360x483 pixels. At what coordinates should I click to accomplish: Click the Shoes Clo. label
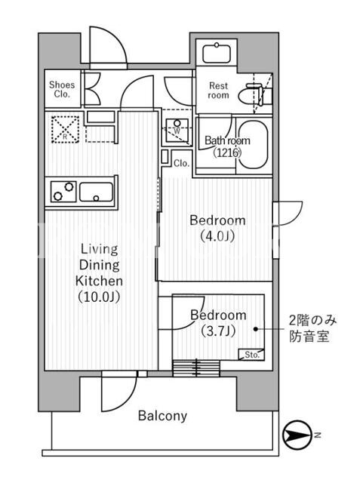[62, 89]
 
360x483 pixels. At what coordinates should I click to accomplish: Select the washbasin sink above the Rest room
[217, 54]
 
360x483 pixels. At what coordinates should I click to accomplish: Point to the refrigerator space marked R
[65, 129]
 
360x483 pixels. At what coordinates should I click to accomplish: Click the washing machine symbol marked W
[177, 130]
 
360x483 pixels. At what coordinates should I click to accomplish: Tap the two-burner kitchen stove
[63, 191]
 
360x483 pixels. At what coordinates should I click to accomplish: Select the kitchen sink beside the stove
[96, 192]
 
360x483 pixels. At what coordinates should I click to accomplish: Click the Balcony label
[162, 416]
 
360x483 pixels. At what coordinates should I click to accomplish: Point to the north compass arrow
[297, 435]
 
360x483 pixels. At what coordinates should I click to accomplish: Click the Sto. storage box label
[252, 355]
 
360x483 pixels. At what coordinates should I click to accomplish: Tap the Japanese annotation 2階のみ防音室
[312, 328]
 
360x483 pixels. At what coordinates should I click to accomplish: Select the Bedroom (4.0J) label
[217, 228]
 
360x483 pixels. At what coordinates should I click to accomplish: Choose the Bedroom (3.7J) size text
[218, 331]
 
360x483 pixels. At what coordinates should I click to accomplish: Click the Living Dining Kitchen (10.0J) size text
[99, 297]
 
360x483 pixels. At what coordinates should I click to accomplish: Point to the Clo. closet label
[181, 163]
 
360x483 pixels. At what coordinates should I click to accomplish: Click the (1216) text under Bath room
[227, 152]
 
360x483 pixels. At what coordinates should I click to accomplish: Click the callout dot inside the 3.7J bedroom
[256, 329]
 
